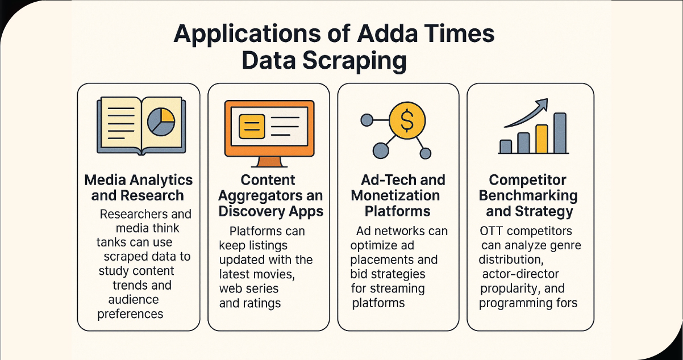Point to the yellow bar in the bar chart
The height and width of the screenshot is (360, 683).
542,139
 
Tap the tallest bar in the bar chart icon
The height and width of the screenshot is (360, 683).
560,133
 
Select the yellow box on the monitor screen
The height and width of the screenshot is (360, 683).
252,126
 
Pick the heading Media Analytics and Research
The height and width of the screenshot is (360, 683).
139,188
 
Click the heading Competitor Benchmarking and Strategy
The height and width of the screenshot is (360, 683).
528,196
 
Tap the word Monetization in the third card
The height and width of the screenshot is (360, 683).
395,196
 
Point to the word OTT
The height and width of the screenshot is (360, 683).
491,232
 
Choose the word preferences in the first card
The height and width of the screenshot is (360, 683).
130,313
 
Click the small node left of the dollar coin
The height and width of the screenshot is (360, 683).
367,120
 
